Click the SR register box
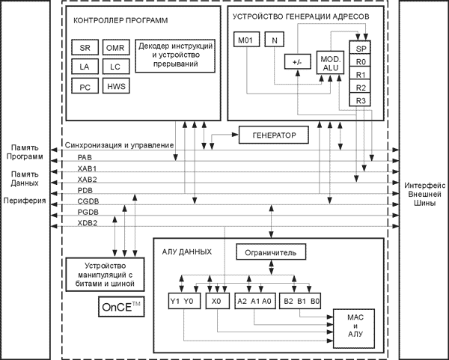84,48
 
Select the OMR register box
115,48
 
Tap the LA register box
84,67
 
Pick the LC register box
115,67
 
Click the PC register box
84,87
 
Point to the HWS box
115,87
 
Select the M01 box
245,40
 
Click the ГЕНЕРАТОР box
275,135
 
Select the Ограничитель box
270,253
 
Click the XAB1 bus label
87,168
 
